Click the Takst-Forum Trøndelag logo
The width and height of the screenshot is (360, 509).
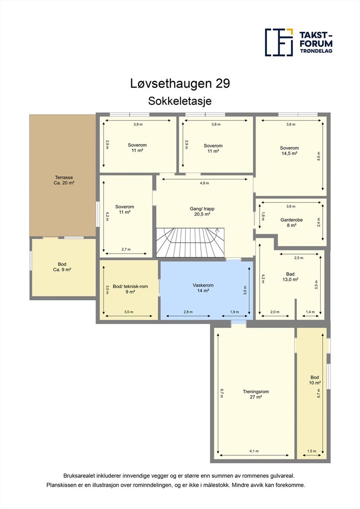[299, 42]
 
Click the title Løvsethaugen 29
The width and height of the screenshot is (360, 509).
[180, 84]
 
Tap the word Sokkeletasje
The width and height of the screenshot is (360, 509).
[180, 101]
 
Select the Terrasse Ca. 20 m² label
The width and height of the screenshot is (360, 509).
[64, 180]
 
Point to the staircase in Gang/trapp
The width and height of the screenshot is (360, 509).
[190, 243]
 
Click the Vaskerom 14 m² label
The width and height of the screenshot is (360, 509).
[203, 288]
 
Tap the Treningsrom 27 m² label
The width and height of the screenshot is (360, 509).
[256, 394]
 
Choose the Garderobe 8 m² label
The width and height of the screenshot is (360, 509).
[291, 222]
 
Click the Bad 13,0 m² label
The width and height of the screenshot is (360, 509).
[290, 276]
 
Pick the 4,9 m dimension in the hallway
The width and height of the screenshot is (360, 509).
[204, 183]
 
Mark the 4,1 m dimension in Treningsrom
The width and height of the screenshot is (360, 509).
[254, 451]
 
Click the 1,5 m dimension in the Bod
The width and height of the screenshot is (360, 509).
[312, 451]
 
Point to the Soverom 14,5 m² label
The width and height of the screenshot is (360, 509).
[289, 151]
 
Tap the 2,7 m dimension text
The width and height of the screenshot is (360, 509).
[126, 250]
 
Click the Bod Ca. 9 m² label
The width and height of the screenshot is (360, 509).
[62, 267]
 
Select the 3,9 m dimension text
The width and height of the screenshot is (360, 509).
[138, 124]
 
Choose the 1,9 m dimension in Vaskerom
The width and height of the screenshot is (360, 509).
[234, 312]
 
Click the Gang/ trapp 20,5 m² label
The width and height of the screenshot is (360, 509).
[202, 211]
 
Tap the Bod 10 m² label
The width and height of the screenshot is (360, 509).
[315, 380]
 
